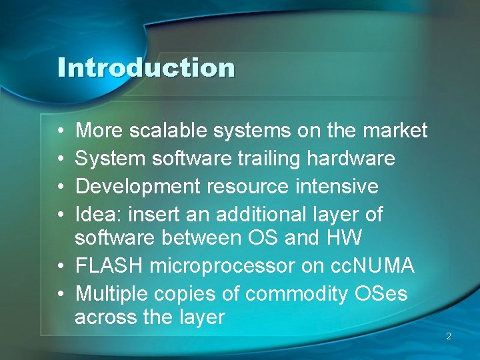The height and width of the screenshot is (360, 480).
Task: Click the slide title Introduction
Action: tap(146, 68)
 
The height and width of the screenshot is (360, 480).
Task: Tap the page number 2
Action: tap(449, 337)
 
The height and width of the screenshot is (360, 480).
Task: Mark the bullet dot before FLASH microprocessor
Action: tap(61, 267)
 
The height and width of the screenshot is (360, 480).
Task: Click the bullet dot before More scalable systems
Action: tap(61, 131)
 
